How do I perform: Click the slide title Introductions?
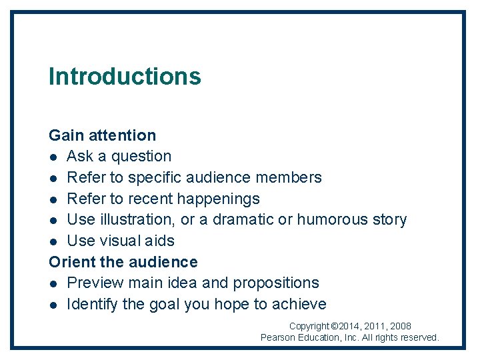pyautogui.click(x=125, y=76)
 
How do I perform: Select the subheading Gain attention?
pyautogui.click(x=102, y=135)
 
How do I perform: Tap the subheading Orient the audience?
pyautogui.click(x=123, y=262)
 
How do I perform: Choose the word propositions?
pyautogui.click(x=276, y=283)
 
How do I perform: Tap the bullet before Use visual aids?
pyautogui.click(x=53, y=241)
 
